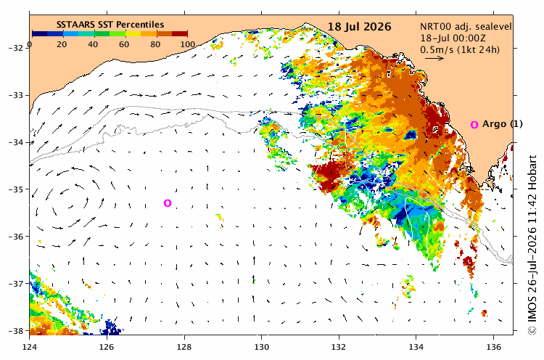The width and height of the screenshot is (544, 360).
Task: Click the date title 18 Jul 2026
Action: pos(359,27)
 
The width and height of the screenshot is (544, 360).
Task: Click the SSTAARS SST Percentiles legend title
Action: pos(110,25)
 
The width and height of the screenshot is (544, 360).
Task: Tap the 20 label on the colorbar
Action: pos(62,44)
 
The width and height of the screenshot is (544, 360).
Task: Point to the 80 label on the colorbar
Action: pos(155,44)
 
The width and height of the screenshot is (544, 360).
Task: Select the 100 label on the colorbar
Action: pos(188,44)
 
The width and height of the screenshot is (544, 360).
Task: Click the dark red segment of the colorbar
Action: pos(180,33)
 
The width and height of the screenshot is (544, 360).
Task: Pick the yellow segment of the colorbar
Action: pos(133,33)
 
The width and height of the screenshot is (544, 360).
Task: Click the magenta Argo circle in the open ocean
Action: pos(168,203)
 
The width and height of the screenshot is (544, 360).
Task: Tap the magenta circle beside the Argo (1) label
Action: pos(474,125)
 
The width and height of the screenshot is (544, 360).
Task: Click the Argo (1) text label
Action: pos(503,124)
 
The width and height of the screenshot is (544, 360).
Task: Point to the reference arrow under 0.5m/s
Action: pos(434,58)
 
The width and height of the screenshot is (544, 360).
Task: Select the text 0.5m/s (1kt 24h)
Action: pos(460,49)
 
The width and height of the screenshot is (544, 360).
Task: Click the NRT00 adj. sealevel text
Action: pos(466,27)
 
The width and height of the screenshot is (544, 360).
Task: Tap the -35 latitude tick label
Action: pos(17,189)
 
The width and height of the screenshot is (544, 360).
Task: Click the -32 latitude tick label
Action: pos(17,48)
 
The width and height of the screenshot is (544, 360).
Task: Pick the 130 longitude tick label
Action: pos(262,347)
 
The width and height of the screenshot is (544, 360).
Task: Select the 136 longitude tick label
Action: pos(494,347)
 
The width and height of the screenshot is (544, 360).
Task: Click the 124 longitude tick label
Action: pos(30,347)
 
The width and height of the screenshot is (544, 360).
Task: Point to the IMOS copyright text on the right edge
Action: pos(532,245)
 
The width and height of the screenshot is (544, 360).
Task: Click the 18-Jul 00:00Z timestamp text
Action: pos(453,38)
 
